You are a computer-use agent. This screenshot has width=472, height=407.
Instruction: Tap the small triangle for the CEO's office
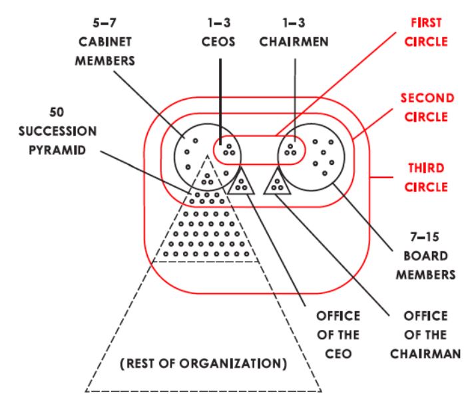240,184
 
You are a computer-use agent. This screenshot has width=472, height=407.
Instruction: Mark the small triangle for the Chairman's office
277,183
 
